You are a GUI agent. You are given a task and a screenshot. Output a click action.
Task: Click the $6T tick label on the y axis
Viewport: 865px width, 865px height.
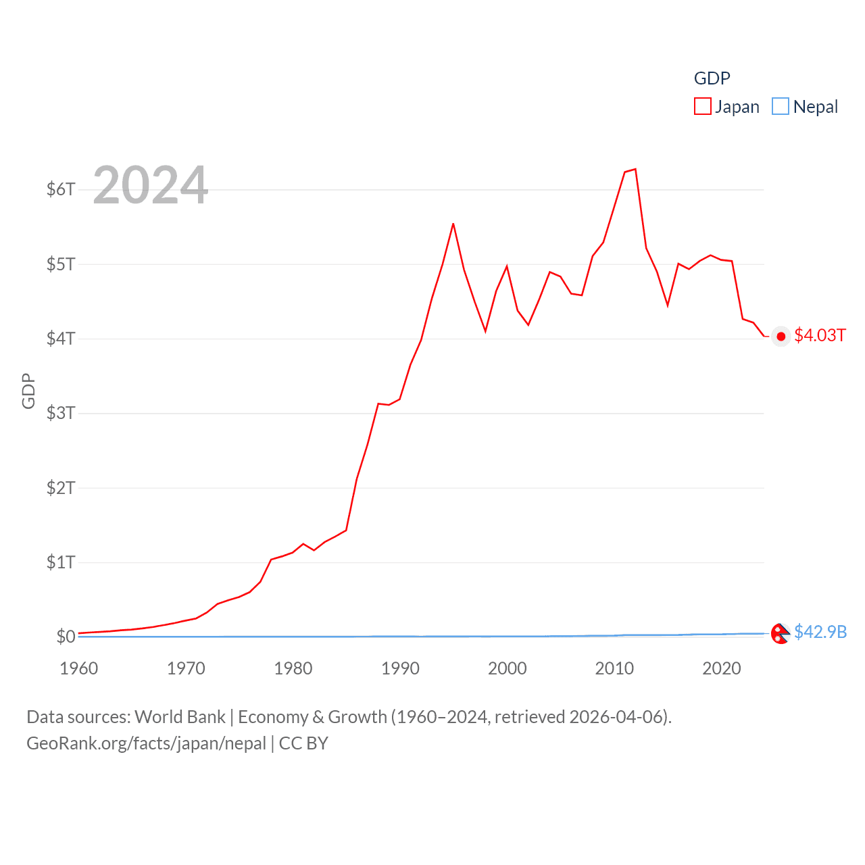coord(61,189)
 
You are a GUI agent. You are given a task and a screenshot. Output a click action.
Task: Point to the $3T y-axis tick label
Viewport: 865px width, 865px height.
coord(61,413)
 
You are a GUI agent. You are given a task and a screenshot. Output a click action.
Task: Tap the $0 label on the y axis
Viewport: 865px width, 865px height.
coord(66,637)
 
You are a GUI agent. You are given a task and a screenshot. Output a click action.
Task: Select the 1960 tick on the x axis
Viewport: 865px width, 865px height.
coord(79,668)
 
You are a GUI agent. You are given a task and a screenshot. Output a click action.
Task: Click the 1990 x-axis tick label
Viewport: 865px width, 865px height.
coord(400,668)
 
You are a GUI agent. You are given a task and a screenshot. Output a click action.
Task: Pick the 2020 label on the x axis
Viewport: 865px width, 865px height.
coord(722,668)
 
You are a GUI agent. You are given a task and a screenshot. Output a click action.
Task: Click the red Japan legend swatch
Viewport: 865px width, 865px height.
coord(703,107)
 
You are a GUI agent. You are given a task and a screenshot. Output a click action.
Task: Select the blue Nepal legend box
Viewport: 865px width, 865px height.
coord(781,107)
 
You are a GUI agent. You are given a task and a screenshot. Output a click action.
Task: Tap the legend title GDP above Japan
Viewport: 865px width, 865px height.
coord(712,78)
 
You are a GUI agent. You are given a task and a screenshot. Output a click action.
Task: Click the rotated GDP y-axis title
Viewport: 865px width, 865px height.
coord(28,391)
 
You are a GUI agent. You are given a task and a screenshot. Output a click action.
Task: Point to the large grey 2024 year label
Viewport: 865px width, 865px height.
coord(150,185)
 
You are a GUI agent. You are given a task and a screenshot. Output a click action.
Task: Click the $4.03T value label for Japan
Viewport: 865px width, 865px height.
coord(820,336)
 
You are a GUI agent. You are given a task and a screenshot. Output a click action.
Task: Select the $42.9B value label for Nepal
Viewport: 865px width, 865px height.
coord(820,632)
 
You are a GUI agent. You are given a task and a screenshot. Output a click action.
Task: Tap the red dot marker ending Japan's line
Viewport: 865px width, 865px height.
coord(781,337)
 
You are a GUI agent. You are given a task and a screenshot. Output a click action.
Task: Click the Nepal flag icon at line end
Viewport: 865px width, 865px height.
coord(780,634)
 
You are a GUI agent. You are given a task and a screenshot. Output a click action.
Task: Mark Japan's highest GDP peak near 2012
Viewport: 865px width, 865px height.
coord(635,169)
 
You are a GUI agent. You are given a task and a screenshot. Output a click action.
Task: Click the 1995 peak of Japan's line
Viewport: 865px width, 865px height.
coord(453,224)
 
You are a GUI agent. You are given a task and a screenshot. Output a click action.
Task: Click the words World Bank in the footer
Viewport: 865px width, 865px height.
coord(180,717)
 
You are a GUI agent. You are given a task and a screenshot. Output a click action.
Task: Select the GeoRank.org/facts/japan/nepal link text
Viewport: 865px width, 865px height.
coord(147,743)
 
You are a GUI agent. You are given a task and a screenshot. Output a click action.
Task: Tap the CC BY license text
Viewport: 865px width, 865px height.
coord(303,743)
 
